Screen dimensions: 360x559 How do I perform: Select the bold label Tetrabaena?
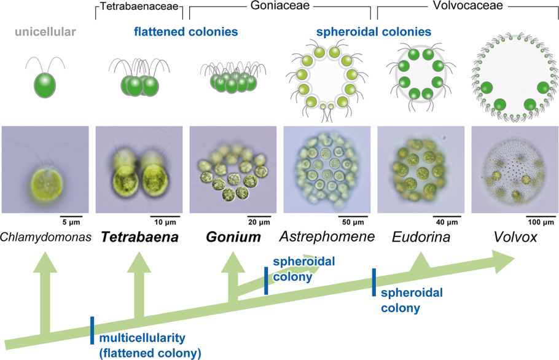point(140,237)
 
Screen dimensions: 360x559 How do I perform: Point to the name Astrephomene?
point(327,237)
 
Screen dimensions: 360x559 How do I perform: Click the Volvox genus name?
point(515,237)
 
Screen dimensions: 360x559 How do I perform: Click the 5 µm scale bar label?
point(71,221)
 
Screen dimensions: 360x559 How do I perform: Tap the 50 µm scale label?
point(353,221)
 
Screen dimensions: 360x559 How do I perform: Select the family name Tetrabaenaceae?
point(140,7)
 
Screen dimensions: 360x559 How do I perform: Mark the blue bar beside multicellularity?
point(92,331)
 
